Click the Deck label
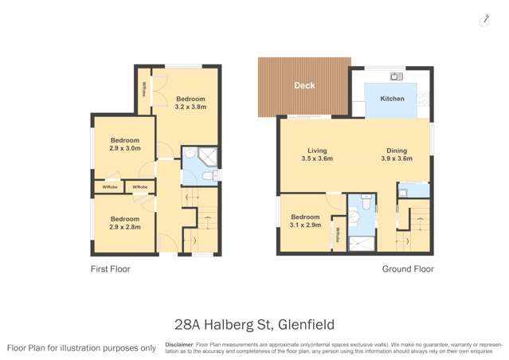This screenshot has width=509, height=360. [x=303, y=85]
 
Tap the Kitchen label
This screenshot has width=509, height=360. [x=392, y=99]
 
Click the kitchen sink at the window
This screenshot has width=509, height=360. [x=394, y=76]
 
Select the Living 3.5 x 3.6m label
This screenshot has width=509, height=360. [x=316, y=155]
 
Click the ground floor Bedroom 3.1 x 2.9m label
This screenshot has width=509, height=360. [x=305, y=221]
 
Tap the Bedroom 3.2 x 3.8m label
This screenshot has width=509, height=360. [x=190, y=101]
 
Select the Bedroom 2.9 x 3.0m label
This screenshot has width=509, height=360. [x=125, y=143]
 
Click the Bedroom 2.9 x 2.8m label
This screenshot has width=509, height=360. [x=125, y=222]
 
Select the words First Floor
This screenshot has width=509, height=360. [x=110, y=269]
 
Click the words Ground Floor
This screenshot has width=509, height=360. [x=408, y=269]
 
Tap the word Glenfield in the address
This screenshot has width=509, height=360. [x=306, y=324]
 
